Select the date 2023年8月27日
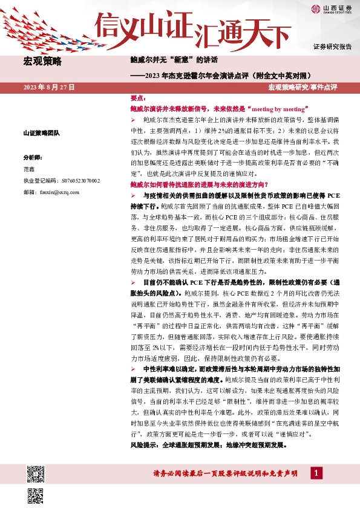pos(49,88)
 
